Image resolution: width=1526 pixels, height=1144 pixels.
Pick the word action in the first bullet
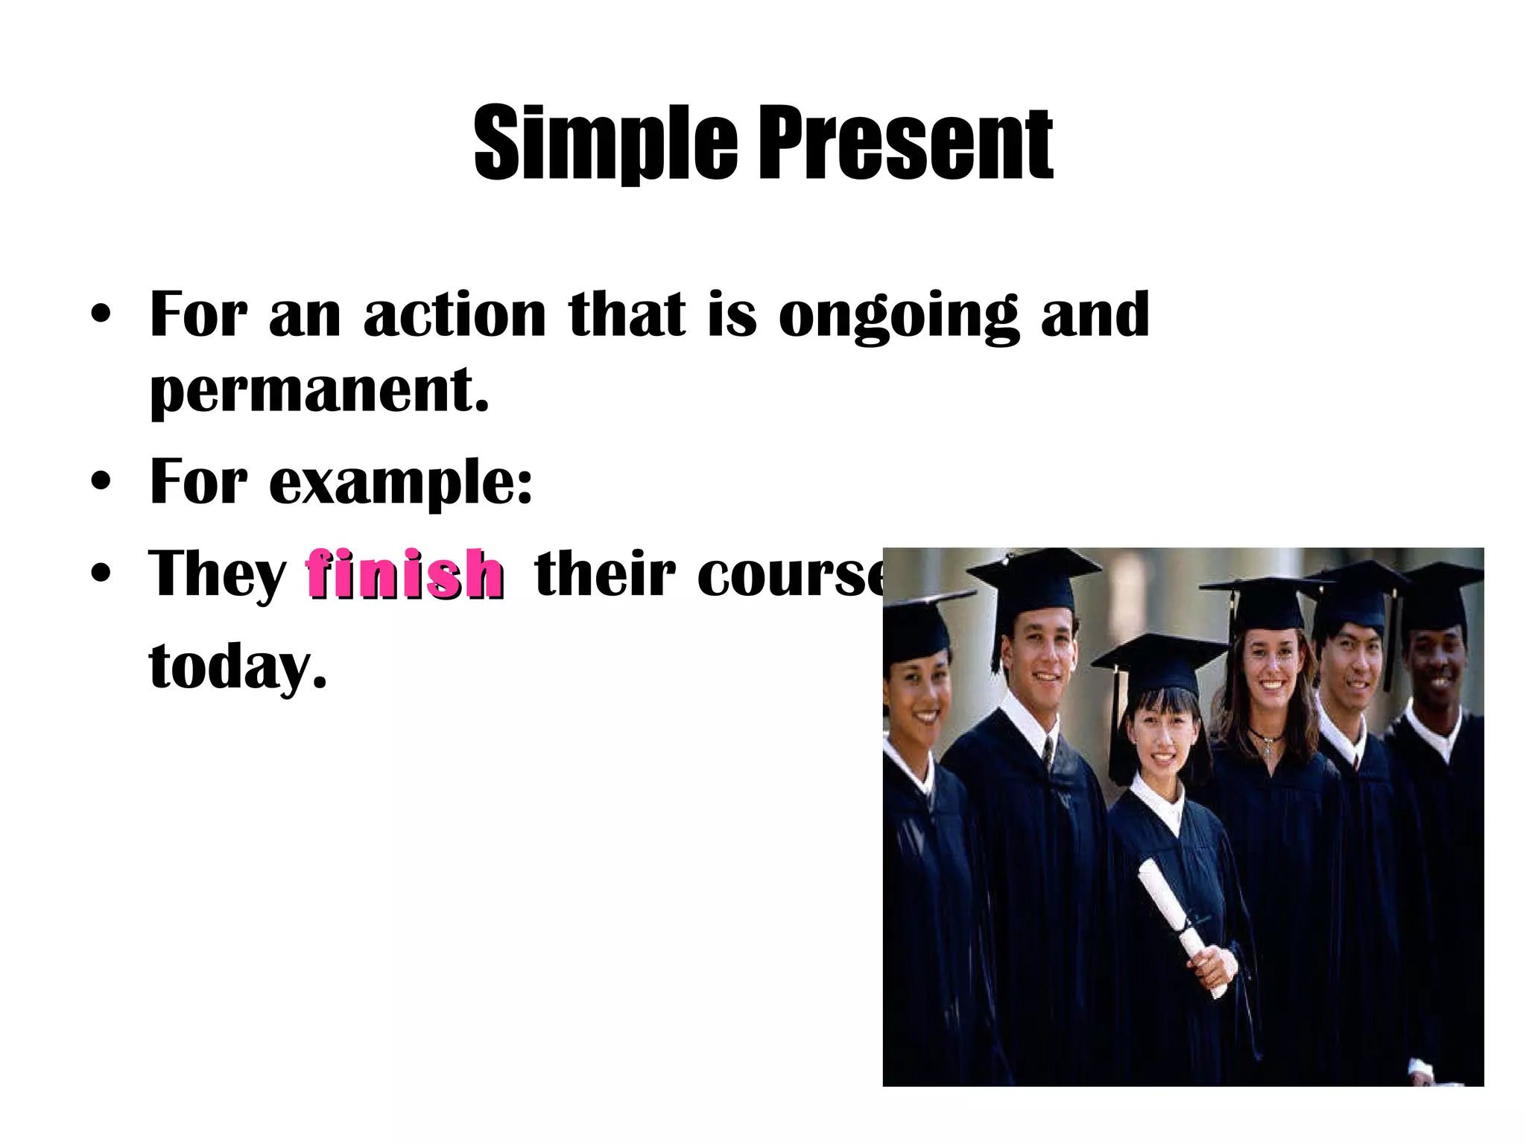pos(455,314)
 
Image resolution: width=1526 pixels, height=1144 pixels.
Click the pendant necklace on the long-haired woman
pos(1267,750)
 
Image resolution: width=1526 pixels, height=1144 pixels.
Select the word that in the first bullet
pos(627,314)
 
